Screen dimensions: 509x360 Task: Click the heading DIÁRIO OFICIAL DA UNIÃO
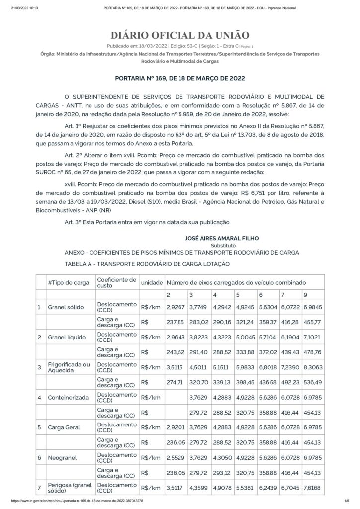point(180,35)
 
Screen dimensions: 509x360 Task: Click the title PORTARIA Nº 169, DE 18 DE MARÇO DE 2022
point(180,78)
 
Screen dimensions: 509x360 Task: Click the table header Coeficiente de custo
point(116,282)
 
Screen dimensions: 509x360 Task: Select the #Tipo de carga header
point(69,282)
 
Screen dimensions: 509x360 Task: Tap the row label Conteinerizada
point(68,398)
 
